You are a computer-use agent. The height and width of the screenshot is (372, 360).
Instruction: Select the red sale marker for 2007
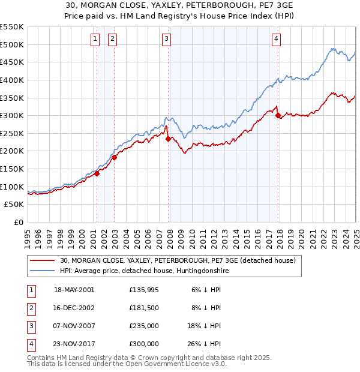point(168,139)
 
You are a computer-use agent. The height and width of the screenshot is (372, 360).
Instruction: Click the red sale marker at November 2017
point(278,116)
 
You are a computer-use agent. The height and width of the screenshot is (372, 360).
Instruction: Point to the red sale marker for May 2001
point(97,174)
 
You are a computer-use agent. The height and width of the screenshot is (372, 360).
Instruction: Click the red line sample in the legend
point(42,261)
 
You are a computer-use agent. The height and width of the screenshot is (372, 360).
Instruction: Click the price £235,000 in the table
point(144,326)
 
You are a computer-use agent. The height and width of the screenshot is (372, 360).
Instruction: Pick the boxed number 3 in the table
point(31,326)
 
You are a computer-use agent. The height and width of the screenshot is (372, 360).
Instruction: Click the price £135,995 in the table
point(144,290)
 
